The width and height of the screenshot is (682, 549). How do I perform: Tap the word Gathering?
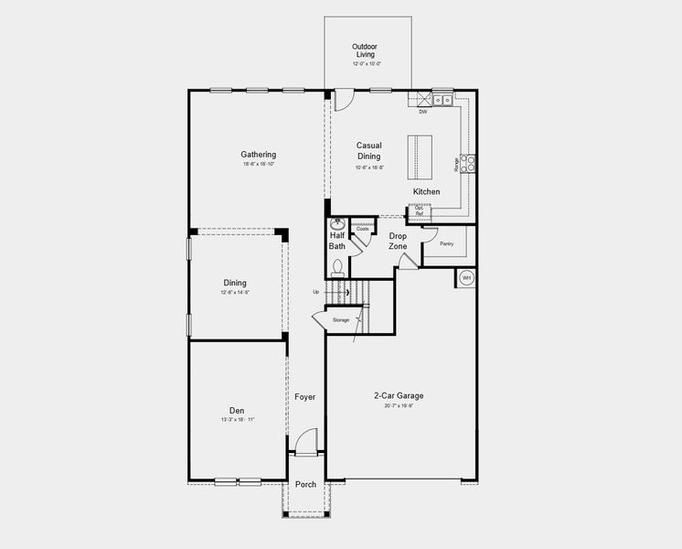coord(259,155)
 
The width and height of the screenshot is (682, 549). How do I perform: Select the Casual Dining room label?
coord(368,151)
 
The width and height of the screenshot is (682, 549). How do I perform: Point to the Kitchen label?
coord(426,192)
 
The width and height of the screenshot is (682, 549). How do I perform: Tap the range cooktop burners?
coord(467,163)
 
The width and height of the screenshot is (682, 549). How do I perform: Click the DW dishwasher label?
coord(422,113)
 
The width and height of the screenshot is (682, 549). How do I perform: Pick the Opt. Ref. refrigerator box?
coord(419,211)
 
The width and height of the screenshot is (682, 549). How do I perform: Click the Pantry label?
coord(446,244)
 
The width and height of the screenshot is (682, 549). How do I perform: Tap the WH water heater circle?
coord(466,277)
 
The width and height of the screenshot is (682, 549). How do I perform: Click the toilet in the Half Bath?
coord(337,267)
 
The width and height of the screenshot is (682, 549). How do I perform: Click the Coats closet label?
coord(363,229)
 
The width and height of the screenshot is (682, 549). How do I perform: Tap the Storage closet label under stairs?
coord(340,320)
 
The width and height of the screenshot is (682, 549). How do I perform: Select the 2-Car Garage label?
coord(399,396)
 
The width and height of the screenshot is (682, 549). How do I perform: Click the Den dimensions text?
coord(238,420)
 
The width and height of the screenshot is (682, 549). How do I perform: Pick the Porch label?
coord(306,484)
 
